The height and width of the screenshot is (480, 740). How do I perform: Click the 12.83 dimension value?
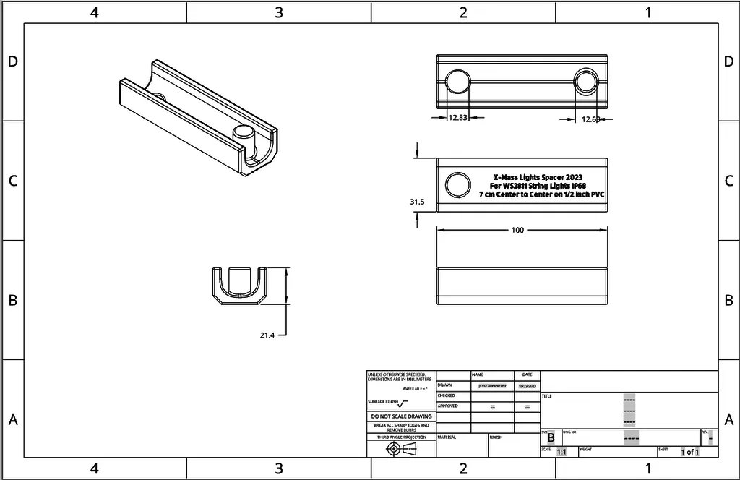click(x=458, y=117)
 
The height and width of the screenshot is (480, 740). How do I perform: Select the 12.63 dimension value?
click(x=593, y=119)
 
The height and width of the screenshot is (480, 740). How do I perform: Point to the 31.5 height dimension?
click(x=417, y=202)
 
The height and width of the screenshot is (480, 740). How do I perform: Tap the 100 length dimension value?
click(x=517, y=230)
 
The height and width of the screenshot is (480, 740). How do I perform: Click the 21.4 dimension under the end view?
click(x=267, y=335)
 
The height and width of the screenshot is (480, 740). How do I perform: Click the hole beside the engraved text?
click(x=457, y=185)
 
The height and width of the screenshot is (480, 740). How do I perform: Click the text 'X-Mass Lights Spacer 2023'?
click(x=538, y=177)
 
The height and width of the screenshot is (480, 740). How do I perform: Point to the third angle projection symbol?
click(x=401, y=449)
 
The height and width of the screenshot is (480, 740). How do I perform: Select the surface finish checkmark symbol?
click(x=403, y=403)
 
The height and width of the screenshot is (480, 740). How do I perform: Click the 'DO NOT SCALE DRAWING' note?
click(x=401, y=416)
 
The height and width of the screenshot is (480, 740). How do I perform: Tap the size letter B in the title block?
click(x=551, y=438)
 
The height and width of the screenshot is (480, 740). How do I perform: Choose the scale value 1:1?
click(x=562, y=452)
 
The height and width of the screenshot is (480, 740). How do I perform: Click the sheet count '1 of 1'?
click(x=689, y=452)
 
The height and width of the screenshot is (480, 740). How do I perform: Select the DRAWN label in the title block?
click(x=445, y=385)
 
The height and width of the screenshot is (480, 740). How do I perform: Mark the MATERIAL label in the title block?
click(x=447, y=437)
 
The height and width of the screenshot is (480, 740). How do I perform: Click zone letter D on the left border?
click(x=12, y=61)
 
